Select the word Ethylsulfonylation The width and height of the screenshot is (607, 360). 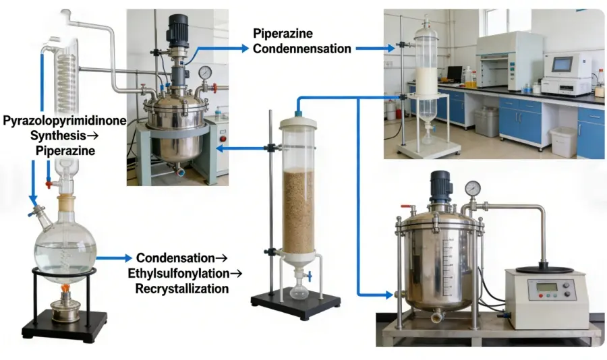(184, 274)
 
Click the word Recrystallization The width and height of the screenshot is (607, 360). (181, 289)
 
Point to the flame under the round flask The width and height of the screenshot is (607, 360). (65, 290)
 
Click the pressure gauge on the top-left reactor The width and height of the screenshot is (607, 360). (204, 72)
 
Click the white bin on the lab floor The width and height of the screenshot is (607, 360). (563, 142)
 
